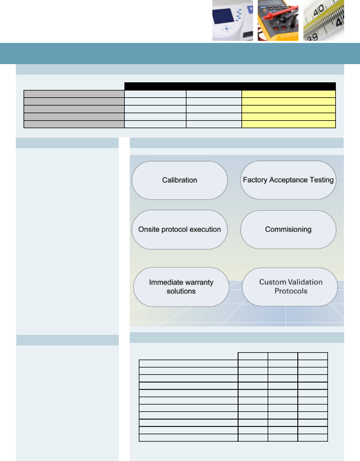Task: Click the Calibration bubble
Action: (x=179, y=180)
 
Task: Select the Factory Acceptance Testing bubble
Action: (x=288, y=180)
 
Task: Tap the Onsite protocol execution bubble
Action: (x=179, y=229)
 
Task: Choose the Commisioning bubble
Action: (x=288, y=229)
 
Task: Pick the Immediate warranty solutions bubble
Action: (x=181, y=287)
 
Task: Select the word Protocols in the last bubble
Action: (x=291, y=291)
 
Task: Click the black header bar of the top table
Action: (x=230, y=86)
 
